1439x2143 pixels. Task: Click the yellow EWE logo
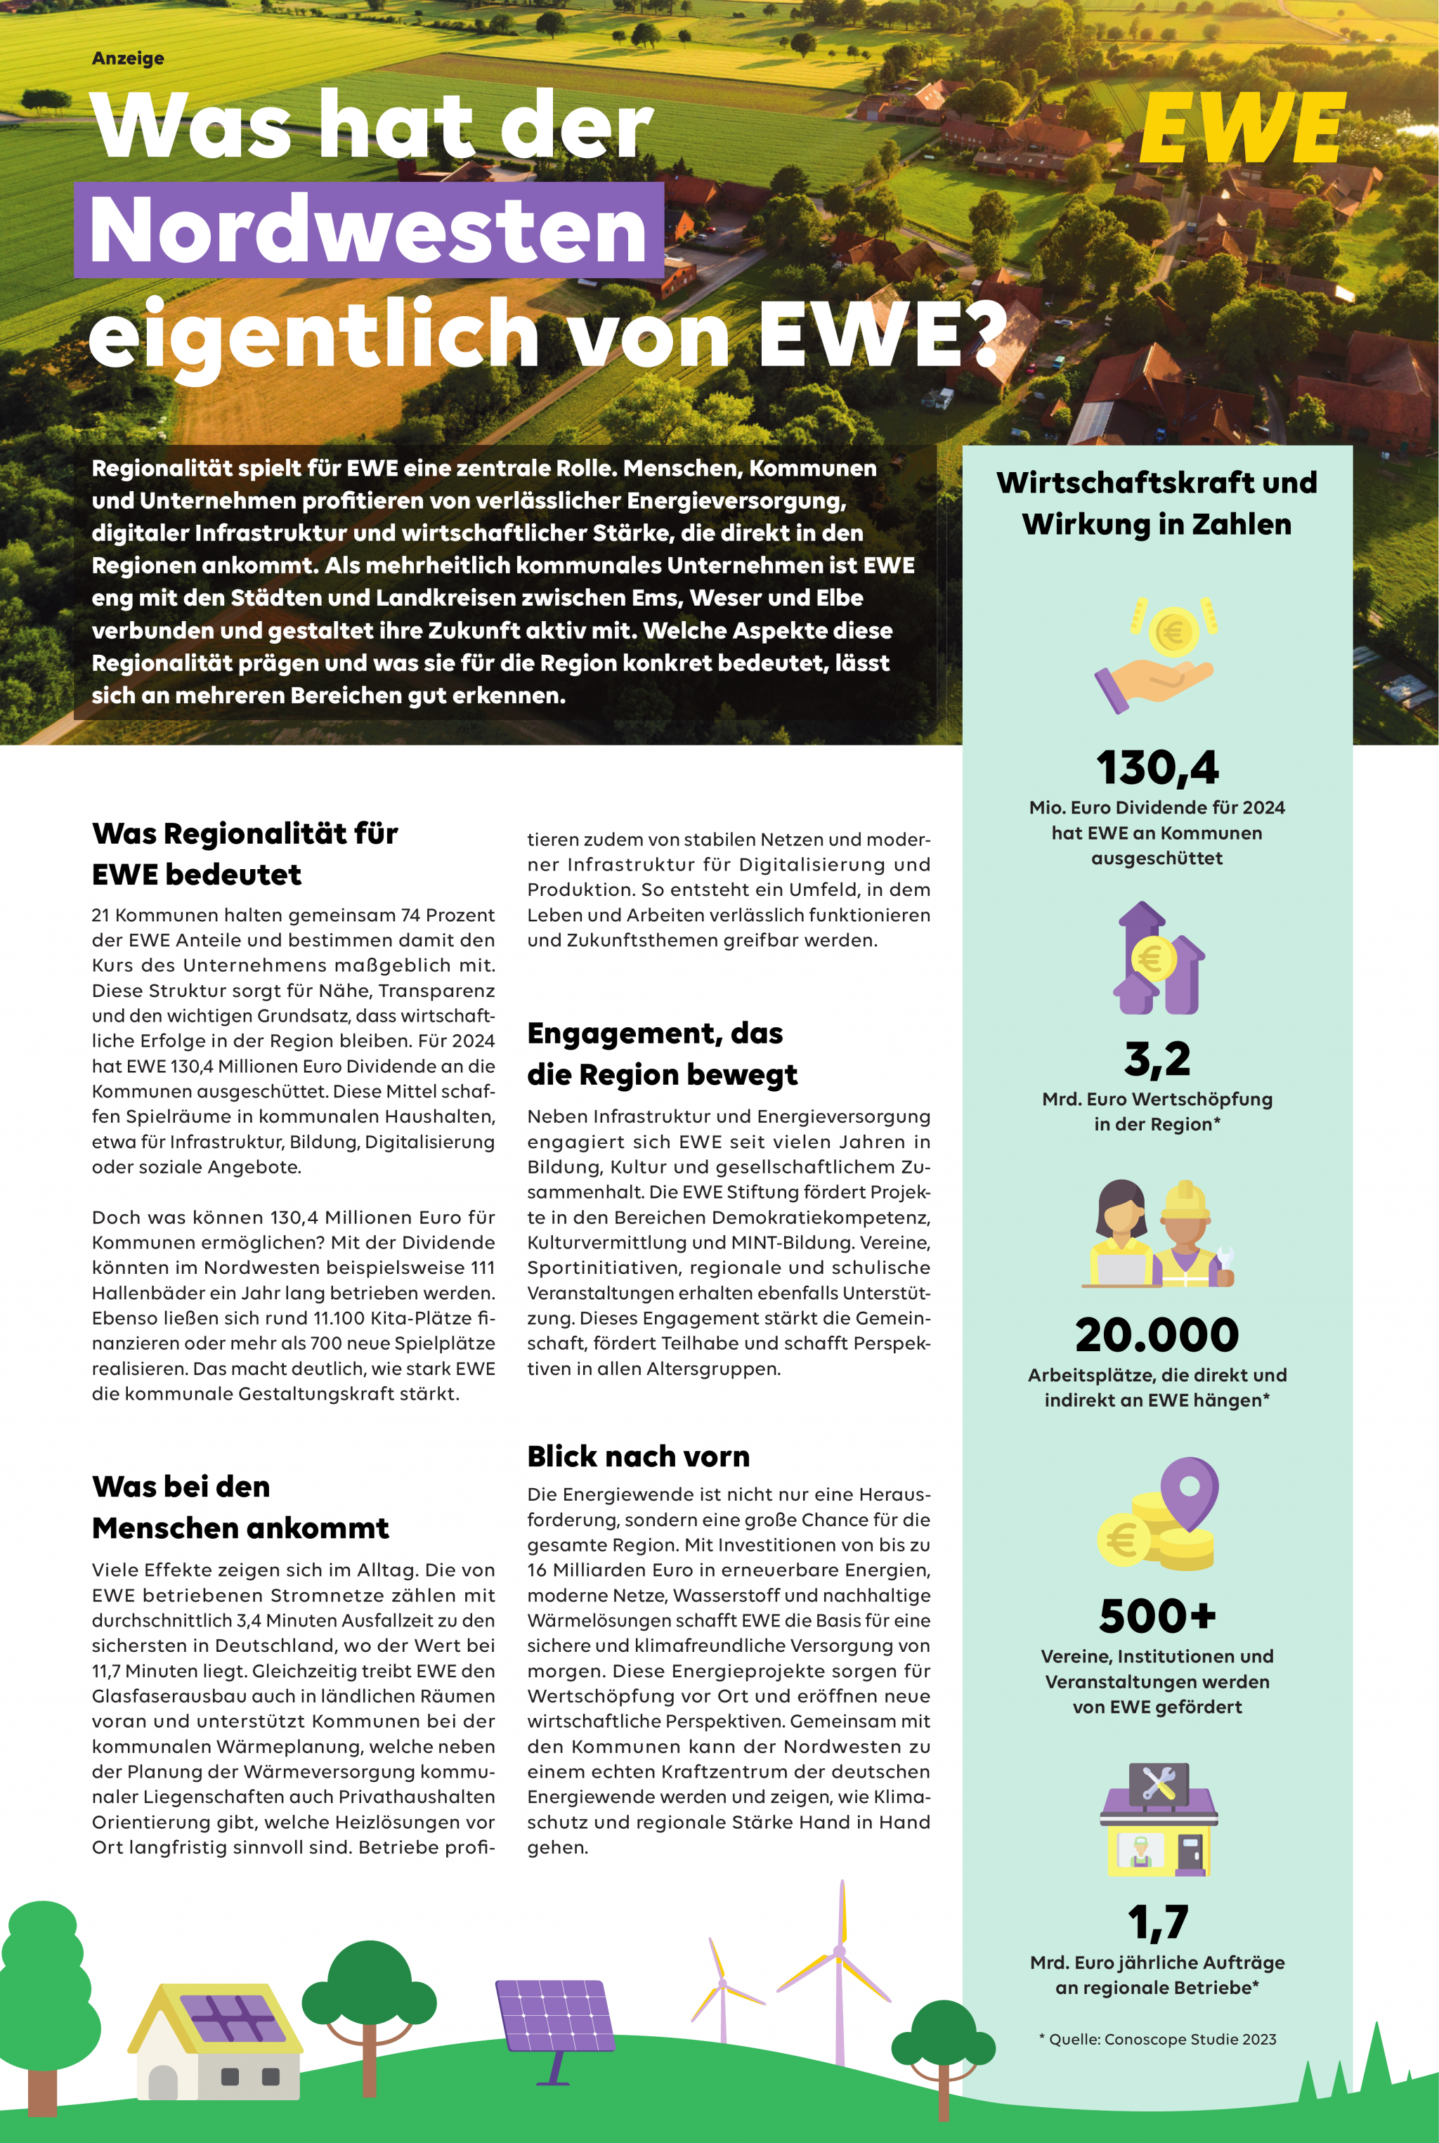coord(1242,129)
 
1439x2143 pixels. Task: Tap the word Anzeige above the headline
coord(128,58)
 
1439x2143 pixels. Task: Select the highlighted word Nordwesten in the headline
coord(369,230)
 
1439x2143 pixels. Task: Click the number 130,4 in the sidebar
coord(1157,767)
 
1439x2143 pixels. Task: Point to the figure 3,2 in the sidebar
coord(1157,1058)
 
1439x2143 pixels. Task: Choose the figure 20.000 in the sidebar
coord(1157,1334)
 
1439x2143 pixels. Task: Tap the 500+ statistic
coord(1157,1616)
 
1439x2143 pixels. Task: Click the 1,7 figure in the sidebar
coord(1157,1922)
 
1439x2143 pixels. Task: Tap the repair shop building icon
coord(1158,1819)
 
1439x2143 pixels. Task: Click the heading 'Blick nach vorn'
coord(638,1457)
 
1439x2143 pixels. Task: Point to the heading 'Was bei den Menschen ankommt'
coord(240,1507)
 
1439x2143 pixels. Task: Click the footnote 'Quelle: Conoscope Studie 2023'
coord(1157,2039)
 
